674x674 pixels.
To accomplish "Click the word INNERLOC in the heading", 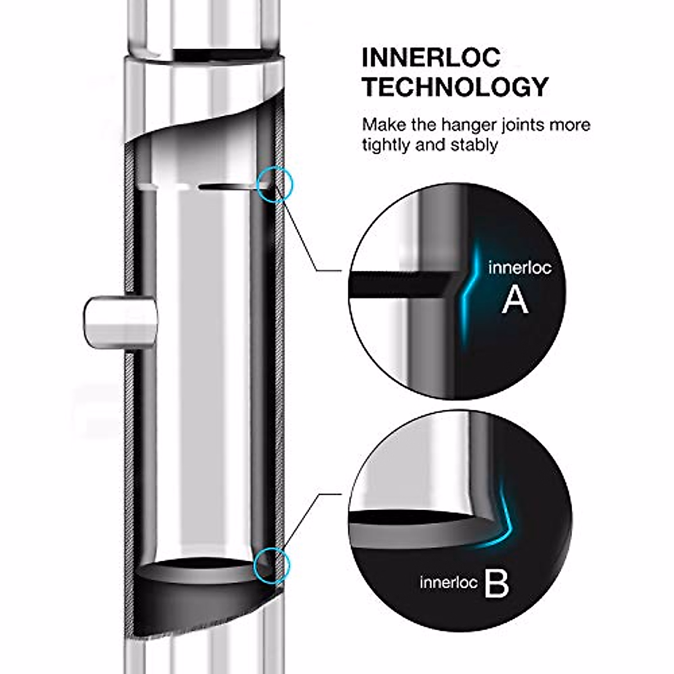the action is pos(431,58).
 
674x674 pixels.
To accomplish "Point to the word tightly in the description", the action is pos(386,145).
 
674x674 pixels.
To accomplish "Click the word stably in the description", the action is pos(474,144).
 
